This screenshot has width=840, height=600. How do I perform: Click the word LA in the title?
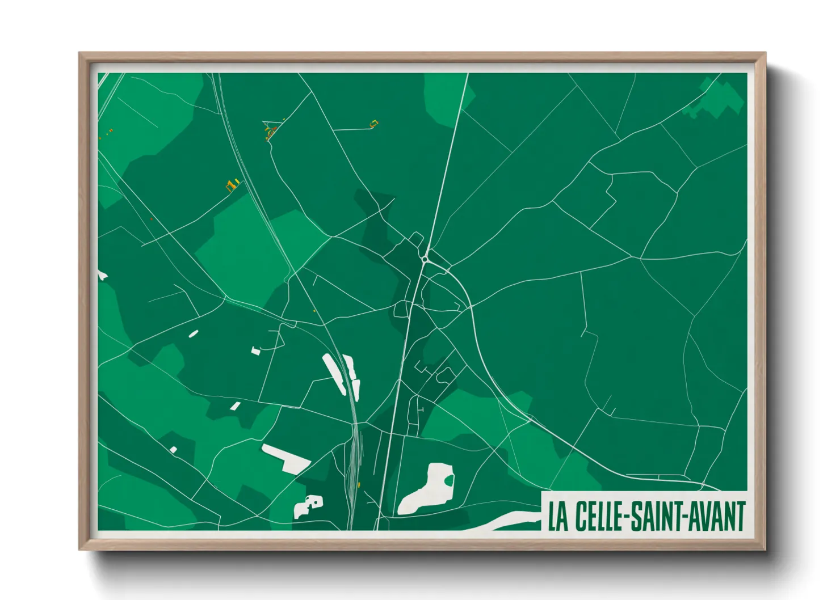click(x=558, y=516)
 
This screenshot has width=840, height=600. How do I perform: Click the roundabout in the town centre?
click(x=425, y=259)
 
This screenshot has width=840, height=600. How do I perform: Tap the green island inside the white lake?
click(x=449, y=481)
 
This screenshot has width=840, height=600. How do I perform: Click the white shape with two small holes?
click(x=308, y=506)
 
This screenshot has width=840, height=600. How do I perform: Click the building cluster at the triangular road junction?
click(x=270, y=132)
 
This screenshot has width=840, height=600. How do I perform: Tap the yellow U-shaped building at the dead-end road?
click(x=373, y=123)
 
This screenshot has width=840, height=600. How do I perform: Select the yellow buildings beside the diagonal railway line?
click(x=232, y=185)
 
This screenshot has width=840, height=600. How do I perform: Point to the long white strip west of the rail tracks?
click(x=334, y=374)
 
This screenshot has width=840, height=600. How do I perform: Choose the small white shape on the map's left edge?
click(x=102, y=276)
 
